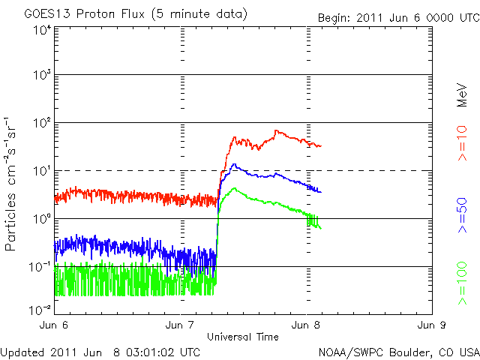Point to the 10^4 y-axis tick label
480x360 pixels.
tap(40, 30)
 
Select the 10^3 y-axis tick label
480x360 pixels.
tap(40, 75)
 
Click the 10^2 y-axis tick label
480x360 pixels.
tap(40, 122)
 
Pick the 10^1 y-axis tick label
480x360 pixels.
tap(40, 170)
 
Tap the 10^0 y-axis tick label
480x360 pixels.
tap(40, 218)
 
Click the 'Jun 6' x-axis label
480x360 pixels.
tap(55, 325)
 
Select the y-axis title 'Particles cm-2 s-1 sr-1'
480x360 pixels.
tap(11, 183)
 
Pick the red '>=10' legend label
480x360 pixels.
tap(463, 143)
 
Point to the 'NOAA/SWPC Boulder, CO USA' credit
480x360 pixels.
tap(398, 351)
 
